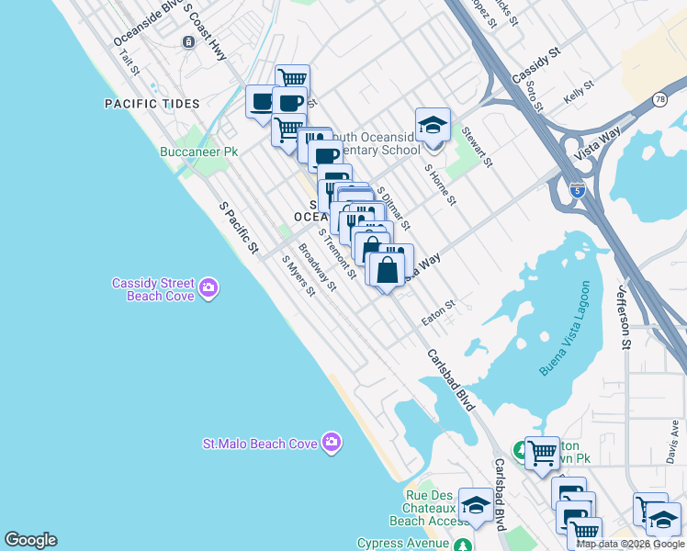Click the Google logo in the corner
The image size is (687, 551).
[x=30, y=540]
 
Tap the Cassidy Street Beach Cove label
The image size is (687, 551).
[x=152, y=290]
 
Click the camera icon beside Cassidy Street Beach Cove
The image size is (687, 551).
[x=208, y=289]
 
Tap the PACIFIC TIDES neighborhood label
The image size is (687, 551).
[x=151, y=104]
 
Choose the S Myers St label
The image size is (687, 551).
[x=299, y=275]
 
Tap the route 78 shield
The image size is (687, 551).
[x=660, y=99]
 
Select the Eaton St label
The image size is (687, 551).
[x=438, y=312]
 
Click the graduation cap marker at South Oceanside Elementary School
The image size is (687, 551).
[x=433, y=125]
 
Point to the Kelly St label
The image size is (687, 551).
[x=579, y=94]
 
